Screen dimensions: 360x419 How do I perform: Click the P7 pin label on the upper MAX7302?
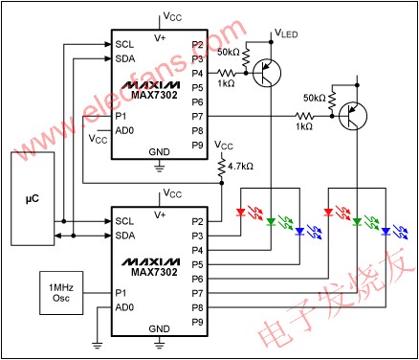coord(197,115)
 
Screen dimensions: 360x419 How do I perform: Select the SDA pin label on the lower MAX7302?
coord(124,235)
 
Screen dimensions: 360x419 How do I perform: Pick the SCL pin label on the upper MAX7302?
coord(124,43)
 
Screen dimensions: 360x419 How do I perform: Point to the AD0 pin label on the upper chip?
coord(124,129)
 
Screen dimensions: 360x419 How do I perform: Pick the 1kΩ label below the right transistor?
coord(304,126)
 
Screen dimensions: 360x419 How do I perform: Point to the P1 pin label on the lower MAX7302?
coord(121,292)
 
